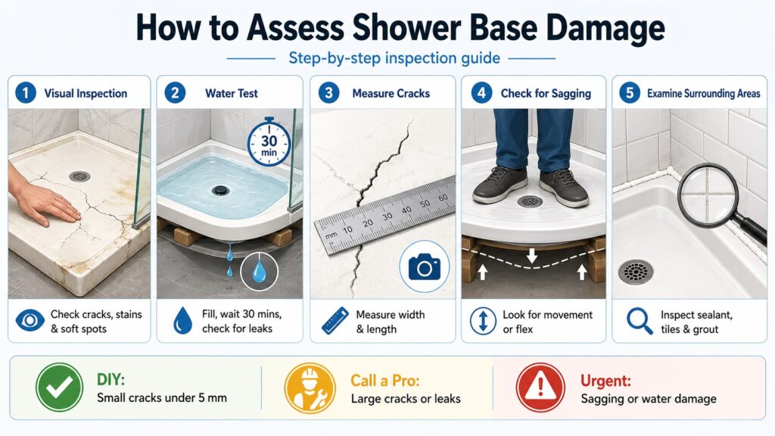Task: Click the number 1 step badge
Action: (x=24, y=93)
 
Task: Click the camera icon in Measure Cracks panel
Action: (x=424, y=266)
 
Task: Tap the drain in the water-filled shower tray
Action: (x=221, y=191)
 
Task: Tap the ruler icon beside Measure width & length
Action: (x=334, y=321)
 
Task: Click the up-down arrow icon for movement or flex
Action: (x=482, y=321)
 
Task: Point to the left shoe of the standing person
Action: (x=500, y=185)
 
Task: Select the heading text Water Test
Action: (x=231, y=94)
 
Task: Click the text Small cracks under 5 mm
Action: (x=161, y=399)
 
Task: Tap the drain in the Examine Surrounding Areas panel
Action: (x=635, y=272)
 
